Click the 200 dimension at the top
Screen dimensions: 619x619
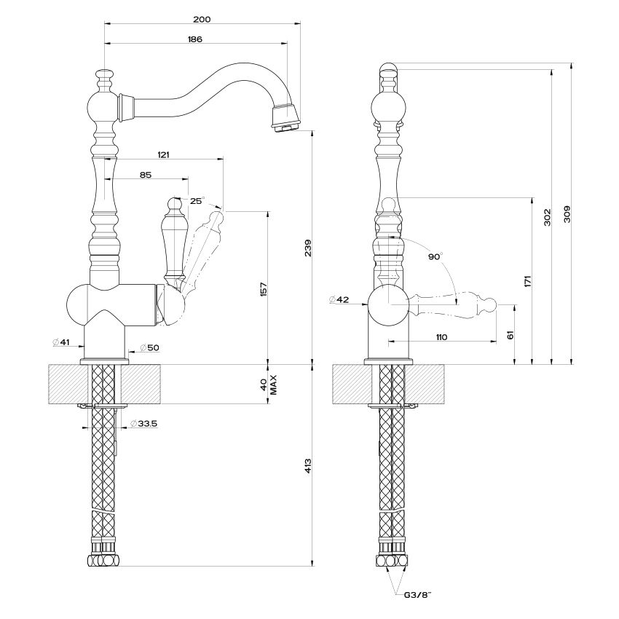(202, 20)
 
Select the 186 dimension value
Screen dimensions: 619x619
(195, 39)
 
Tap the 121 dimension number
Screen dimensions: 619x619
(163, 154)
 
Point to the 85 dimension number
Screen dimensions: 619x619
(145, 175)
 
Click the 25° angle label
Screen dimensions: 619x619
(197, 201)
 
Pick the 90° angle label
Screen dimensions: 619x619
(435, 256)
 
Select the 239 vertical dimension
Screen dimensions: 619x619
(308, 248)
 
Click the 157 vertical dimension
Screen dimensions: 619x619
(264, 289)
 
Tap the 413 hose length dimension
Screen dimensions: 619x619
(308, 466)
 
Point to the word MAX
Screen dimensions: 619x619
(274, 385)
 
